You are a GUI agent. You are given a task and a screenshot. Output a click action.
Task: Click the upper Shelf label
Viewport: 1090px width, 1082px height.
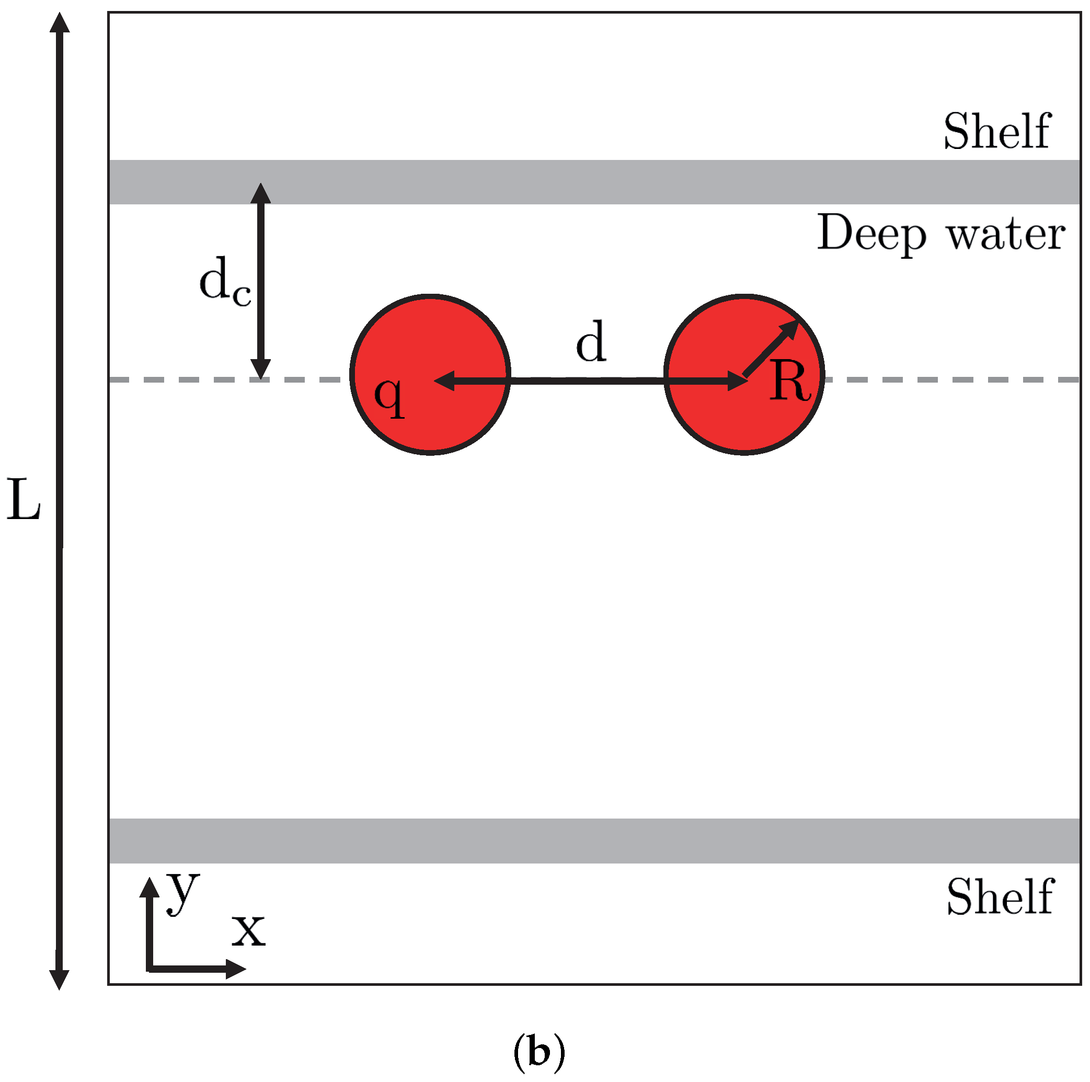(x=996, y=131)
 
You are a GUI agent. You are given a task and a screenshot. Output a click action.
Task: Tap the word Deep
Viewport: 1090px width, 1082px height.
(x=871, y=233)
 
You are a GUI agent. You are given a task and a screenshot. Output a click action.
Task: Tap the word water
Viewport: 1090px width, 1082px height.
(x=1006, y=234)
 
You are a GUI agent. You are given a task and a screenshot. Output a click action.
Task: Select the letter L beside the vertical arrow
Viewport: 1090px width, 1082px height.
(x=24, y=500)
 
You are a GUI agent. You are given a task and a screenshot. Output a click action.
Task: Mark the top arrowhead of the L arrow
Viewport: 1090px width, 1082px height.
(x=59, y=22)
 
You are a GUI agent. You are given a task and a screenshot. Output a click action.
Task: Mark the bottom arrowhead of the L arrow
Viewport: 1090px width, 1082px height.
(x=59, y=980)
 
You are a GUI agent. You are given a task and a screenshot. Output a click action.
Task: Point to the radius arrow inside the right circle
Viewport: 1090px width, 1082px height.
(x=771, y=348)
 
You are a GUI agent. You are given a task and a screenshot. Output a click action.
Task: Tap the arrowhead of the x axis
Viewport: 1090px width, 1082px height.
(x=236, y=969)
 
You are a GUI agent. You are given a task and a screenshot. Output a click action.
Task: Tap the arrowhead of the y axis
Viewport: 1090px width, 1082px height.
(x=149, y=887)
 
